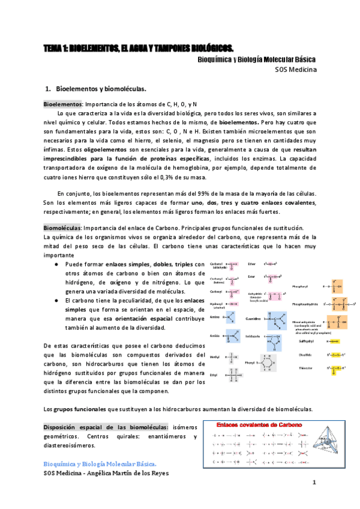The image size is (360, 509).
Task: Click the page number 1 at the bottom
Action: (x=313, y=483)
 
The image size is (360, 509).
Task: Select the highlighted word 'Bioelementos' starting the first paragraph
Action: (x=62, y=104)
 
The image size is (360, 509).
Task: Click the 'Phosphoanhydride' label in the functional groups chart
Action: (x=306, y=304)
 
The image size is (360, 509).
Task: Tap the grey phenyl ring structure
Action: (x=269, y=363)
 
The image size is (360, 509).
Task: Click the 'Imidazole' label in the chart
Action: (x=253, y=336)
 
